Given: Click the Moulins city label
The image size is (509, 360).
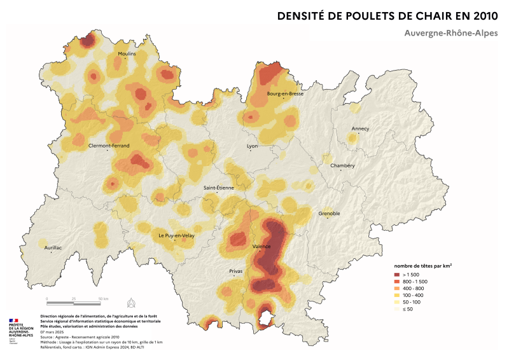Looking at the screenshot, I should coord(127,54).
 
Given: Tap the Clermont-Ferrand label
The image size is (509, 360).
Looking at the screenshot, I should coord(109,145).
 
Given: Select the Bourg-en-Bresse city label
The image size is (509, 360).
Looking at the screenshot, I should coord(284,93).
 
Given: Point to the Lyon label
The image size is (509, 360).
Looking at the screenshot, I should coord(253,146).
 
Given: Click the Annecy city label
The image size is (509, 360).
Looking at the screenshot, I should coord(360,128).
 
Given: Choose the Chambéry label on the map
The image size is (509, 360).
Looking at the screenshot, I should coord(342,166).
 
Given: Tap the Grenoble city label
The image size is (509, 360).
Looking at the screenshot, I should coord(329,213).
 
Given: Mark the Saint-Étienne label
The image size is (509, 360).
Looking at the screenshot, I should coord(218,188).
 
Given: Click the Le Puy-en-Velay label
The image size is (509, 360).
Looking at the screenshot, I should coord(176,236).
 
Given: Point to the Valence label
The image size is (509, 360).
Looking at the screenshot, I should coord(261,246).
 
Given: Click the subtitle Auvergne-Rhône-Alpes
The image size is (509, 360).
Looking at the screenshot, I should coord(450,32).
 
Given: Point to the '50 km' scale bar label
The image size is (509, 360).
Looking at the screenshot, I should coord(103,298).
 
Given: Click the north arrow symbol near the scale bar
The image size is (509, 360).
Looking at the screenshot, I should coord(131,301).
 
